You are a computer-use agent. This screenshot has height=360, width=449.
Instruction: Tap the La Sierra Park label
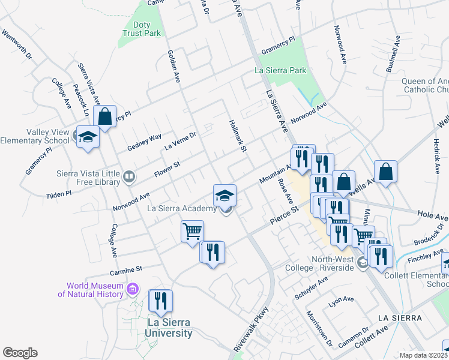280,70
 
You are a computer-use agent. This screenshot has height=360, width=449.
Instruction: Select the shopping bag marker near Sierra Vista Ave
105,117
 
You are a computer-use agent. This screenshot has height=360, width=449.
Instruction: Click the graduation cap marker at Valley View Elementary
88,137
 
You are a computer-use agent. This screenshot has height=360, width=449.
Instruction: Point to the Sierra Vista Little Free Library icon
128,176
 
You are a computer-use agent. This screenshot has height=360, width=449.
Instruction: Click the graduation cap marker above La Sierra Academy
225,195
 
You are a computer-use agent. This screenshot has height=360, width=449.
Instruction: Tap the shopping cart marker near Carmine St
192,231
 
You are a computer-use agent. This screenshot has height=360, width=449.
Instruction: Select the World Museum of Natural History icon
133,290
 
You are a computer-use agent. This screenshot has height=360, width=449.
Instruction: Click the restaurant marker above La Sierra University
160,301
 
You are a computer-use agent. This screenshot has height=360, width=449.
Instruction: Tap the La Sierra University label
170,328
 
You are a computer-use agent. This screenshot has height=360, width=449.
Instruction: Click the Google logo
20,353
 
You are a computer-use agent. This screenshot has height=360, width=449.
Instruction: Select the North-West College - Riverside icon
362,263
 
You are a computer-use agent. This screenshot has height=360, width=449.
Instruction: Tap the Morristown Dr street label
319,328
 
